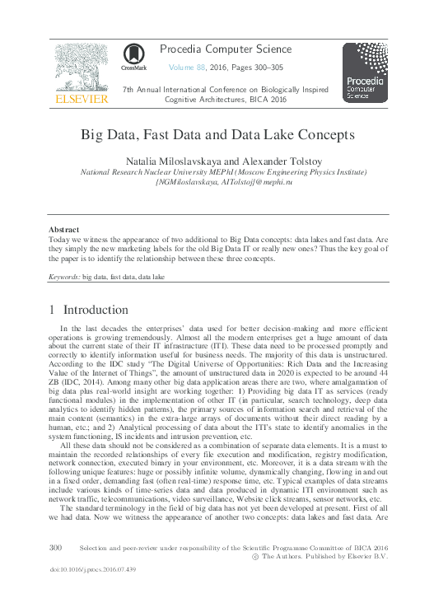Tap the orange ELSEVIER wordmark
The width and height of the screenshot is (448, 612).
pos(81,100)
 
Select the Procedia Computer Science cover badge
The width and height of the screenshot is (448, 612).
pos(365,72)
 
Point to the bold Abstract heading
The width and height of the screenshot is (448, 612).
pos(63,229)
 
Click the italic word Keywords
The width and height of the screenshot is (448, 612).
pos(63,278)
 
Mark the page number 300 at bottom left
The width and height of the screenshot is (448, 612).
pos(56,547)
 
